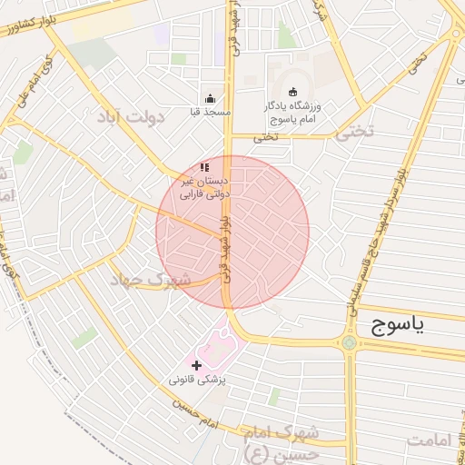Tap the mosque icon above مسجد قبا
(211, 99)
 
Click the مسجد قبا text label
(211, 112)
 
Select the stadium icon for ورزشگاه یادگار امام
(292, 92)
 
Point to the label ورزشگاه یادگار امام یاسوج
(293, 113)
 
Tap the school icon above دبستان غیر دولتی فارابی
(204, 167)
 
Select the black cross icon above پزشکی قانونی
(197, 364)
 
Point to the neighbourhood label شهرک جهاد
(150, 280)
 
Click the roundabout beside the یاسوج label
(349, 342)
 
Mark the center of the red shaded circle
(232, 232)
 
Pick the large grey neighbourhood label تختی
(353, 133)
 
